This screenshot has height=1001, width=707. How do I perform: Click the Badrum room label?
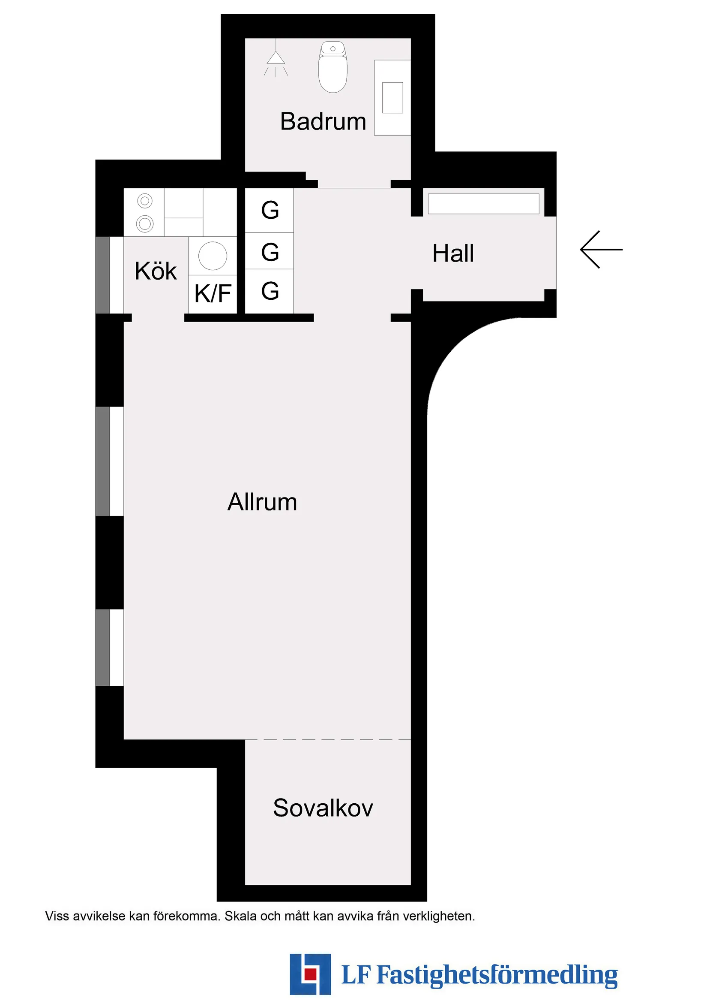(323, 121)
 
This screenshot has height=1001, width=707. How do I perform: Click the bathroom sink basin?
(392, 98)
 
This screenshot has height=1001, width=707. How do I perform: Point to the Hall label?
(453, 253)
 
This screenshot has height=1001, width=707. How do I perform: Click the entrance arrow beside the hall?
(601, 249)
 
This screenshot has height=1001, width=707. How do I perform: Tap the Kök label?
(156, 271)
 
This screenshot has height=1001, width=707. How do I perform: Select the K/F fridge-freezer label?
(213, 293)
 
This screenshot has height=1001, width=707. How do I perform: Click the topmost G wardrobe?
(270, 210)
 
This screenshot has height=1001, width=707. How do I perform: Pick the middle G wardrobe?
(270, 252)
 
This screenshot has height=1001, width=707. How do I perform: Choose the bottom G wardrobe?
(270, 291)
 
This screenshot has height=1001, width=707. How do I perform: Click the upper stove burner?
(145, 201)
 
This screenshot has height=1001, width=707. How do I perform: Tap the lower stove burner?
(145, 224)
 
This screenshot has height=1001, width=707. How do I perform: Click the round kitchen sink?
(213, 256)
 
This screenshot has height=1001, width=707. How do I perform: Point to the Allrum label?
(262, 502)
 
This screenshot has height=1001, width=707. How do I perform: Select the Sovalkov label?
(323, 808)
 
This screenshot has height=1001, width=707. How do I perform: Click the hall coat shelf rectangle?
(483, 204)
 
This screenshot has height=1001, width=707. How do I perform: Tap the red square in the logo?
(310, 974)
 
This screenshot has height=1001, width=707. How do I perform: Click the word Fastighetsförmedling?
(497, 975)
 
